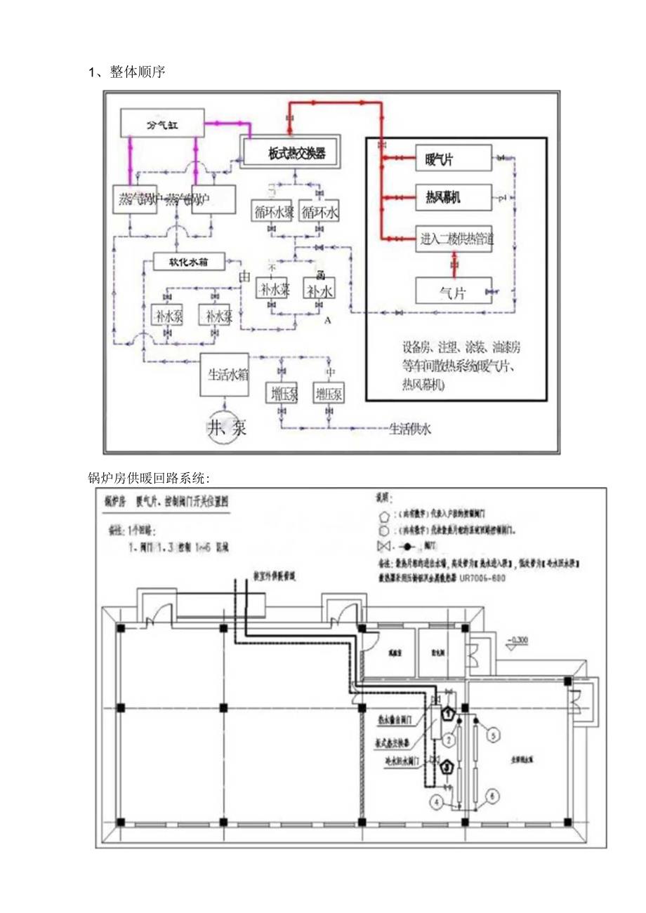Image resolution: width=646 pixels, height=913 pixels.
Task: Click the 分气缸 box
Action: pyautogui.click(x=161, y=124)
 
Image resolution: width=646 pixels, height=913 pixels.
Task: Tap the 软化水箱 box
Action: pyautogui.click(x=188, y=262)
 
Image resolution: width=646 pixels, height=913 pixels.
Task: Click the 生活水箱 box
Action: pyautogui.click(x=225, y=375)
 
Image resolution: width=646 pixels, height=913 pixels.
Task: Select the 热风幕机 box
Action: pyautogui.click(x=452, y=199)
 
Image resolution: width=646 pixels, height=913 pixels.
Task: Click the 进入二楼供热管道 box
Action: pyautogui.click(x=452, y=239)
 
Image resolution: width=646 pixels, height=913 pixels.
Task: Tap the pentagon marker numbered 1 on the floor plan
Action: pyautogui.click(x=448, y=714)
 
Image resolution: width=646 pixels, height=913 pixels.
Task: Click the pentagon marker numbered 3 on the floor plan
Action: pyautogui.click(x=448, y=767)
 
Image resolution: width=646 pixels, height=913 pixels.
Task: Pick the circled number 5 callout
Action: pyautogui.click(x=494, y=735)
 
